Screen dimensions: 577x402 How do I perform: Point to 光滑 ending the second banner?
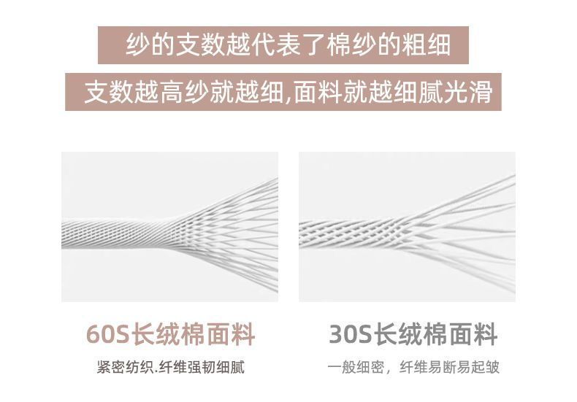tap(468, 93)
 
